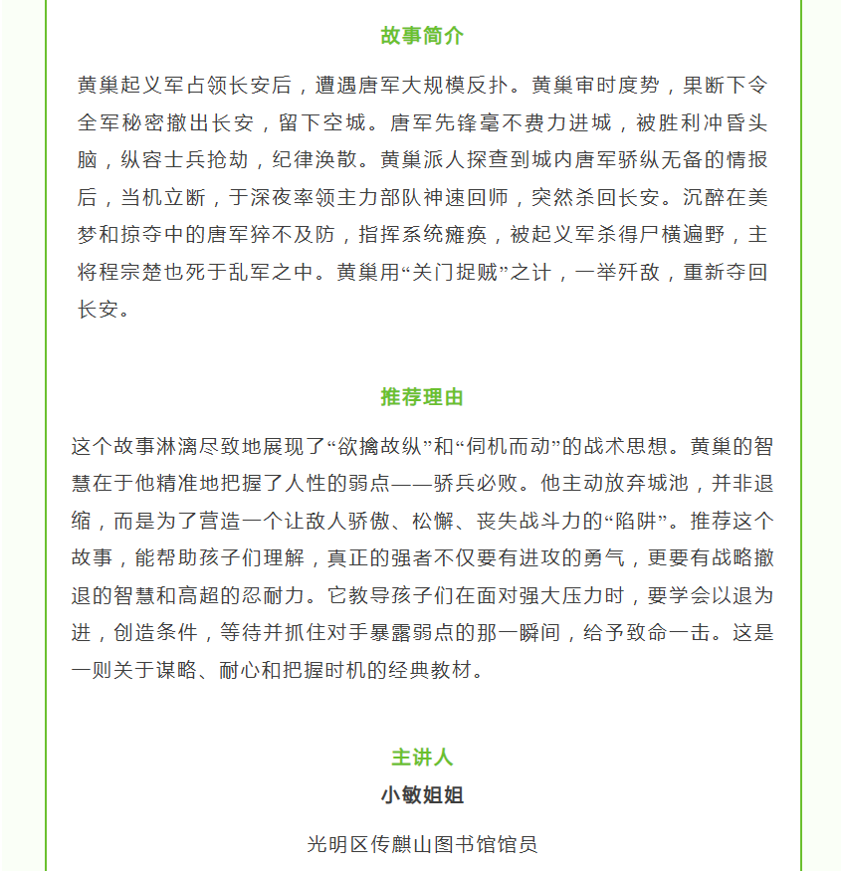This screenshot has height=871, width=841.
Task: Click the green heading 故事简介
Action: click(x=421, y=36)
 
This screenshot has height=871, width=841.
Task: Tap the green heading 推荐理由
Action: click(x=421, y=397)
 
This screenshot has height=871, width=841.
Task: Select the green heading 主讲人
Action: click(x=421, y=758)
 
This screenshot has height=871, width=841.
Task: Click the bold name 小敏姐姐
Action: click(x=421, y=795)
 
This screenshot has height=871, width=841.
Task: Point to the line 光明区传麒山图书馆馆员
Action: click(x=421, y=844)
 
